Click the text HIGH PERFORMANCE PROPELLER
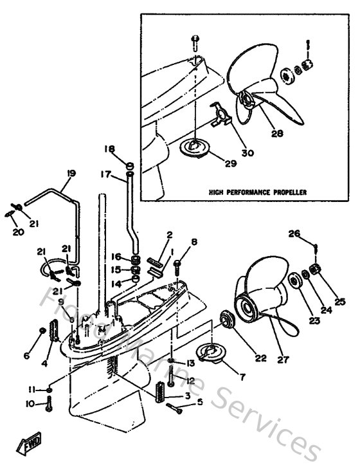pos(257,192)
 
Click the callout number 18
pos(109,149)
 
